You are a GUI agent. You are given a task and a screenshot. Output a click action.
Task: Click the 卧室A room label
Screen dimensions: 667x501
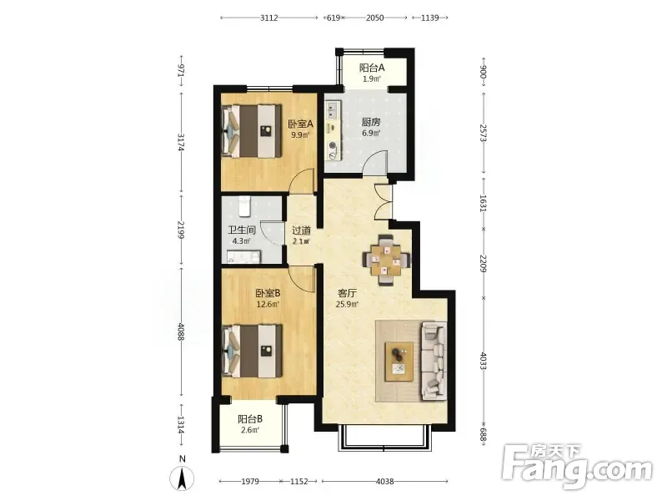click(x=301, y=124)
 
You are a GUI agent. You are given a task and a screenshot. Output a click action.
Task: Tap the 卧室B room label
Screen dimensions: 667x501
click(x=268, y=293)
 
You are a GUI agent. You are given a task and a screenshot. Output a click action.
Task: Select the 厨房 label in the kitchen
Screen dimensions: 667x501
click(x=371, y=122)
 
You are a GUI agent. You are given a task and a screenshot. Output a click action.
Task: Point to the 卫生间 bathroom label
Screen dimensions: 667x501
click(x=242, y=230)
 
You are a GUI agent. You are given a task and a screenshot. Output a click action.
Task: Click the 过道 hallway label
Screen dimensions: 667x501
click(x=301, y=230)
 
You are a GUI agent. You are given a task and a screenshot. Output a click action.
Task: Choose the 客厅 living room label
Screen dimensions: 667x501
click(x=347, y=293)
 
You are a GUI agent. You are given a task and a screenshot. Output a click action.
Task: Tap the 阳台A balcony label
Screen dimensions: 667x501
click(x=372, y=68)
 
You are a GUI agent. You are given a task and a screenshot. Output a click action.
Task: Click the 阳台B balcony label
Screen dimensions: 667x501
click(x=250, y=419)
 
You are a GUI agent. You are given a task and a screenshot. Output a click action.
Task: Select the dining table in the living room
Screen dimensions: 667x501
click(x=386, y=260)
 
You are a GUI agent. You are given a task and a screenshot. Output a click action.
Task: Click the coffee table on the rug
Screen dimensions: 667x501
click(x=399, y=362)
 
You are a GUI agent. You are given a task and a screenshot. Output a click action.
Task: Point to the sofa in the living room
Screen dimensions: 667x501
click(x=434, y=362)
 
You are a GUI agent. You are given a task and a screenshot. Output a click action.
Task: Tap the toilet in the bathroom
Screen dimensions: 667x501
click(x=243, y=205)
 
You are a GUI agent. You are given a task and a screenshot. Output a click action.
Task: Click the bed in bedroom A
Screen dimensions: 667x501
click(x=252, y=131)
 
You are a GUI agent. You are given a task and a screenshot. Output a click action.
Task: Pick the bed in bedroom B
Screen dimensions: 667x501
click(x=252, y=351)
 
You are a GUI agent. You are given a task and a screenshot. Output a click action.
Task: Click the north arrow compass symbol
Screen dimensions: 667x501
click(x=182, y=478)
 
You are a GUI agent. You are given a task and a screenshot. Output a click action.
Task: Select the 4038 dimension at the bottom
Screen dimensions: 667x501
click(x=385, y=482)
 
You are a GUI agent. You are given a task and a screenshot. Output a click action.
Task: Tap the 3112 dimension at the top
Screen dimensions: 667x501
click(x=269, y=18)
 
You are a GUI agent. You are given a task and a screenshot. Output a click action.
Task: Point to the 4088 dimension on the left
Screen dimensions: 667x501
click(x=182, y=331)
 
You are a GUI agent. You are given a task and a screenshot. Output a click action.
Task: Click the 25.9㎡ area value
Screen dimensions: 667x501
click(x=347, y=304)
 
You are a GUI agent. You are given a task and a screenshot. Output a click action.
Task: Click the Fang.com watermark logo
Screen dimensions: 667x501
click(x=577, y=466)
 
